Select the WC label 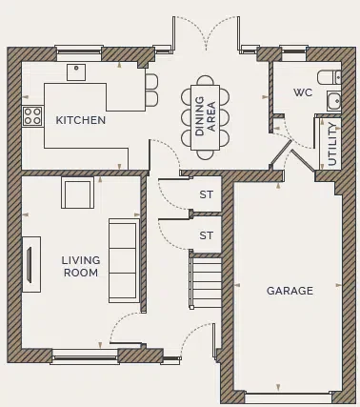(x=303, y=92)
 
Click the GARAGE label (x=290, y=291)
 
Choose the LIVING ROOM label (x=80, y=266)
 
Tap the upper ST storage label (x=206, y=194)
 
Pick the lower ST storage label (x=206, y=234)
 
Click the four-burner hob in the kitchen (x=32, y=116)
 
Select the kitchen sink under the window (x=76, y=71)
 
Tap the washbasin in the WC (x=333, y=101)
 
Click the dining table (x=206, y=112)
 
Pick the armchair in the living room (x=77, y=192)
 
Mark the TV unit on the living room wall (x=31, y=258)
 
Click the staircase (x=207, y=281)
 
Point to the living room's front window (x=85, y=356)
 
